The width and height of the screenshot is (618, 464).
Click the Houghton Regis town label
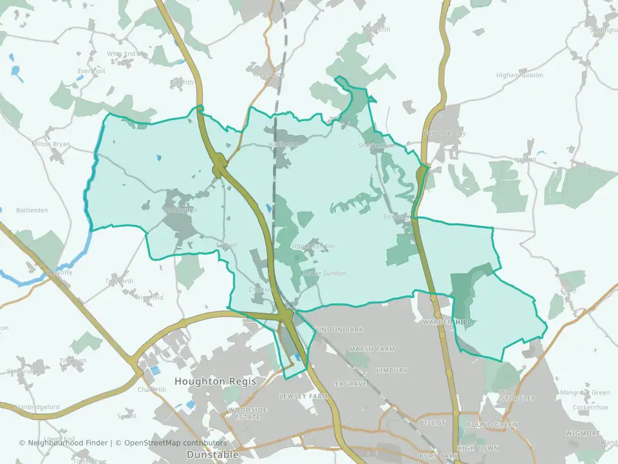point(215,382)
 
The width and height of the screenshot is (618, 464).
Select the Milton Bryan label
point(50,144)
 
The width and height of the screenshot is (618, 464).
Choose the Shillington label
point(604,30)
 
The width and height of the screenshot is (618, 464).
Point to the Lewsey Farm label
point(304,396)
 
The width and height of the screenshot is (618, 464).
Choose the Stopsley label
point(518,398)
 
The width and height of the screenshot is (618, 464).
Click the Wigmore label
point(583,434)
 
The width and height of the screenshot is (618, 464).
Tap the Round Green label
point(492,425)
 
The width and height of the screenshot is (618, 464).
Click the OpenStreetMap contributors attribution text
point(175,443)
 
